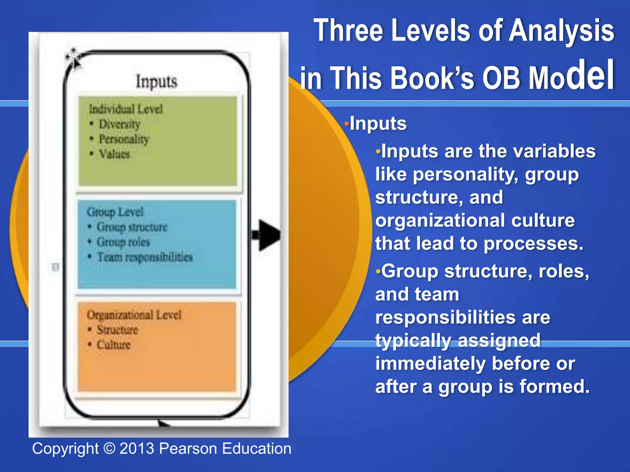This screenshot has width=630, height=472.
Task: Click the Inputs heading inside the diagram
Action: coord(157,82)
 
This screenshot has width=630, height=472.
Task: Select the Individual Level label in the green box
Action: coord(126,109)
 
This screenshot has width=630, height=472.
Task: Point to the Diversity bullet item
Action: coord(119,124)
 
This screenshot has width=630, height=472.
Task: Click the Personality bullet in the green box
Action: coord(124,139)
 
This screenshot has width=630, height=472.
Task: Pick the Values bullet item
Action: coord(114,154)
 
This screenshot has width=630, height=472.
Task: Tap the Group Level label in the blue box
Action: coord(115,212)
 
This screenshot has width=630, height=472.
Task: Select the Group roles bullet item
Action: coord(123,242)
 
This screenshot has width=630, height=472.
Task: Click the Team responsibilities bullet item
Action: coord(145,257)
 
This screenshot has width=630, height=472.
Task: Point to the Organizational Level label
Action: coord(134,315)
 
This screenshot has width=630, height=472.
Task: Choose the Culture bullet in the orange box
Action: coord(114,345)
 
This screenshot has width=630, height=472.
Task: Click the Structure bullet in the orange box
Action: coord(117,330)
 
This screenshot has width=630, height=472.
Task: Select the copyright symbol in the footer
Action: coord(109,449)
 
